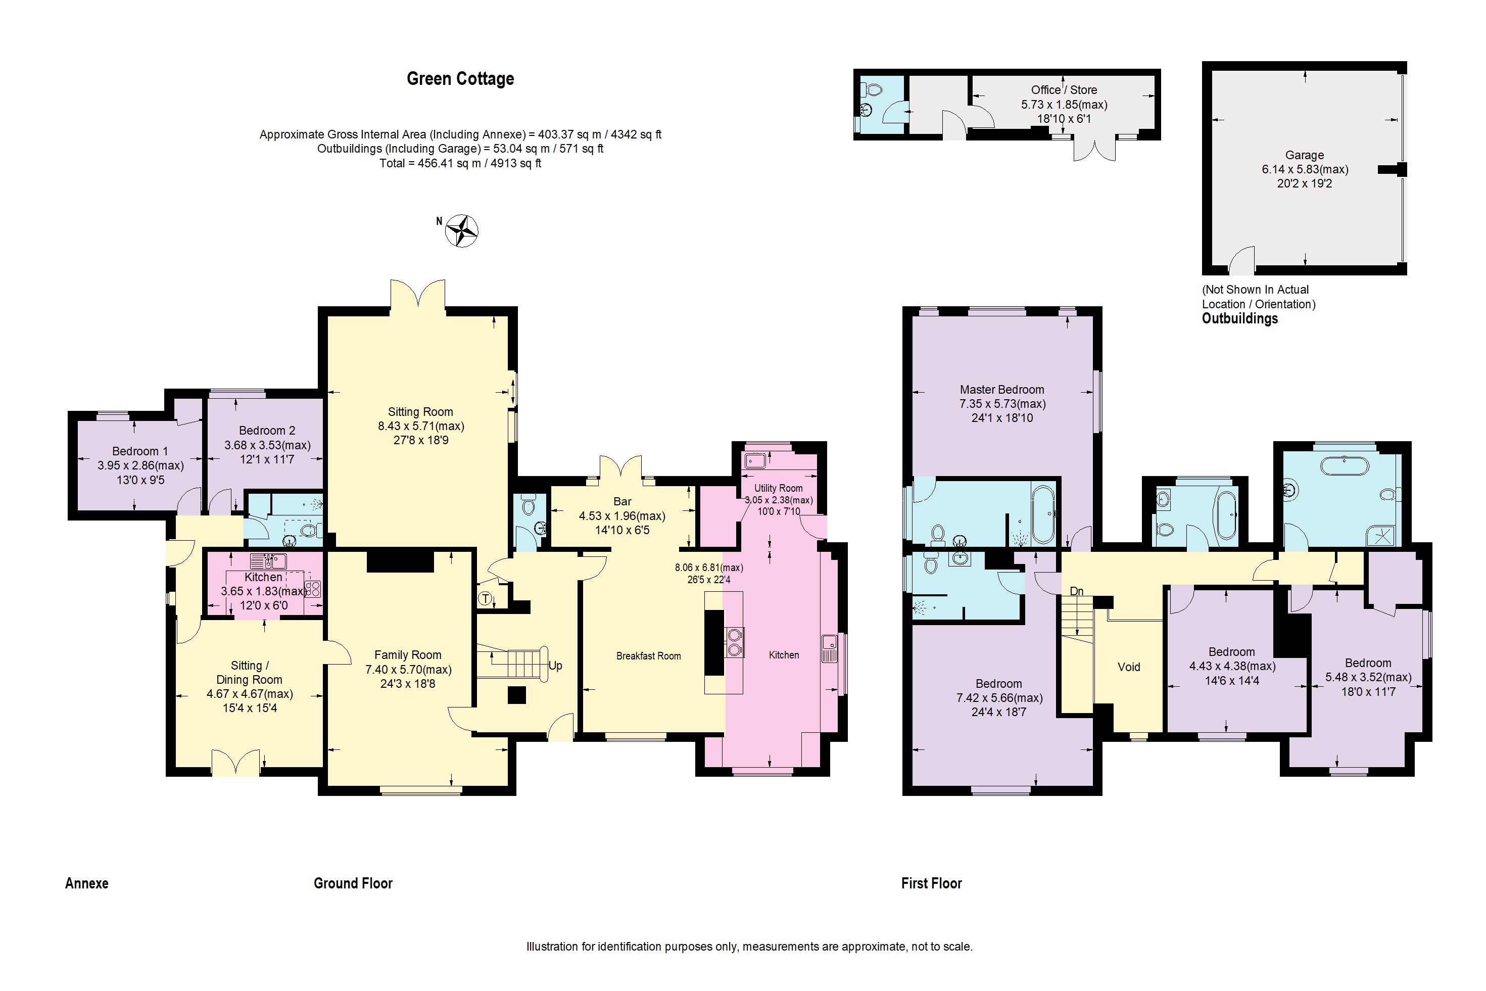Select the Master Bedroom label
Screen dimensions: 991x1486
[x=1001, y=389]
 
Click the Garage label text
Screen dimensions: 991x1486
[x=1304, y=155]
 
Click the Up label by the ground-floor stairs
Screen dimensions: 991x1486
[x=555, y=666]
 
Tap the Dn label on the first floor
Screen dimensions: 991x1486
[x=1077, y=591]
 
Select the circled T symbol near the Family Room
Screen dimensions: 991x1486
[x=485, y=598]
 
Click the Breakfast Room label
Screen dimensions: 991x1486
[x=648, y=656]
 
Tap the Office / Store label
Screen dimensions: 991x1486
[x=1064, y=90]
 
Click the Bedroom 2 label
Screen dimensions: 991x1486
[x=267, y=431]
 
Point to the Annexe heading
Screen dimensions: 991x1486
[x=86, y=883]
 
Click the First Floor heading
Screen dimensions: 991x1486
[x=931, y=883]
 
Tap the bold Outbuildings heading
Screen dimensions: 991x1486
[x=1239, y=318]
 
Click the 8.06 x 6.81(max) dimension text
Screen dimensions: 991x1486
[x=708, y=568]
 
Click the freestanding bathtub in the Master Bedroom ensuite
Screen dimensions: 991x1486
[x=1042, y=514]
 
